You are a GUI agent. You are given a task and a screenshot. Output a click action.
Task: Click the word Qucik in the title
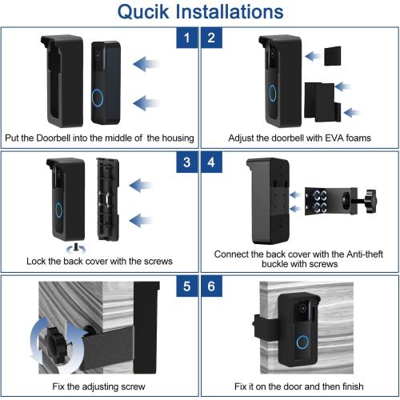(146, 12)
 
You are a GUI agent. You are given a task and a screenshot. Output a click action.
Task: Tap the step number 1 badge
(187, 37)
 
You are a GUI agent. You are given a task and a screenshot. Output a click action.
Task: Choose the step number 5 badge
(187, 286)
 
